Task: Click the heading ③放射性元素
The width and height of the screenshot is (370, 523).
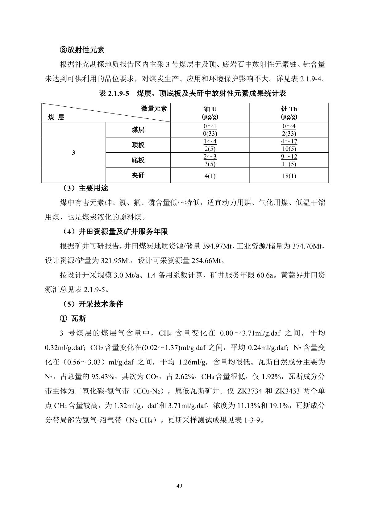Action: tap(82, 50)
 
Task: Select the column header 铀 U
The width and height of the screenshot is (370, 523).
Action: tap(210, 113)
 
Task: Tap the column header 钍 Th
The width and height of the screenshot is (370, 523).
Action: tap(289, 113)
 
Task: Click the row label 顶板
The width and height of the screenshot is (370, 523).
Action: tap(138, 145)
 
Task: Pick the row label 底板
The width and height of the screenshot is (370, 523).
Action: tap(138, 160)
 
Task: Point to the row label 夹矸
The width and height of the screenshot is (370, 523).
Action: tap(138, 175)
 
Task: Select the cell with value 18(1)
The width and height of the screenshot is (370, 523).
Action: tap(289, 176)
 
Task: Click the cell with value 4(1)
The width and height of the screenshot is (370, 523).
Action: tap(210, 176)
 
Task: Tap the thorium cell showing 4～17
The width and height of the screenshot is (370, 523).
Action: tap(289, 142)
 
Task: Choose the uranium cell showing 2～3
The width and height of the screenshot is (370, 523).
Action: tap(210, 157)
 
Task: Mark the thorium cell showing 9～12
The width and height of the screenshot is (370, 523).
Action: tap(289, 157)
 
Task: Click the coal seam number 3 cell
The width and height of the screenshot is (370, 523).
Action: tap(73, 153)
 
